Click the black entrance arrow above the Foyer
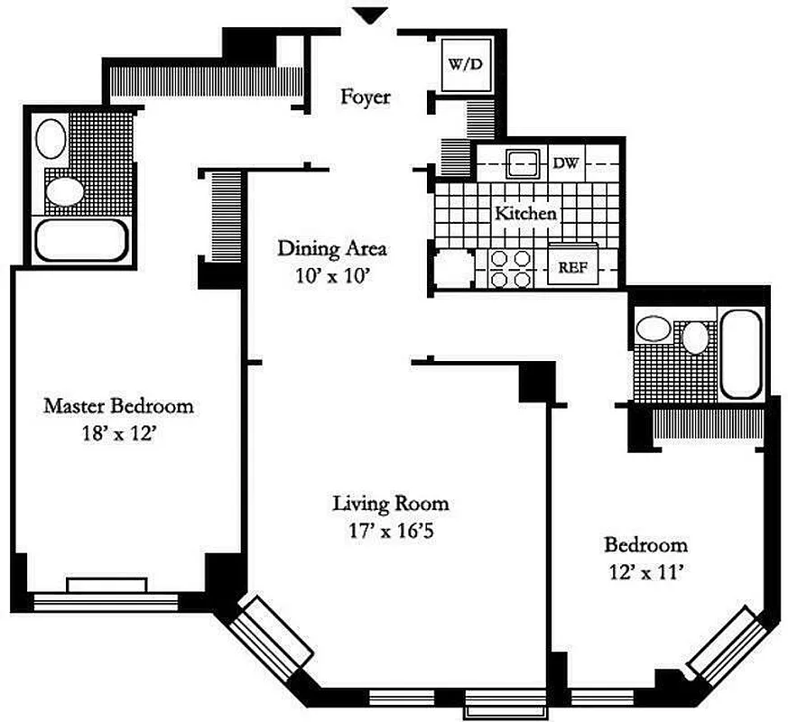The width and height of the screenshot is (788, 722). [369, 15]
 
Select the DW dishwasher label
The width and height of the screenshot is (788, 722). [565, 163]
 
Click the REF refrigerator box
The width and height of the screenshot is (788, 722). [573, 267]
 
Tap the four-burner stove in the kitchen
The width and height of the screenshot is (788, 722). [511, 268]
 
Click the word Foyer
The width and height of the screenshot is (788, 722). [365, 97]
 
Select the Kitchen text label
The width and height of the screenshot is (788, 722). [524, 214]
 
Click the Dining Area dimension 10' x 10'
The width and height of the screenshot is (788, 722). [331, 277]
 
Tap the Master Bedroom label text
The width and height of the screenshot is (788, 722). [118, 406]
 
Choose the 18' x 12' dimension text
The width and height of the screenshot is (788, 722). [118, 433]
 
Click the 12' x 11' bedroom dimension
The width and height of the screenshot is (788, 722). [645, 572]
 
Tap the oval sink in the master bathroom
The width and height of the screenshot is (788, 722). [51, 140]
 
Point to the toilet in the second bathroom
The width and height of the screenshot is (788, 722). [695, 338]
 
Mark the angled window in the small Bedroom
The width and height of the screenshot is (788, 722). [723, 643]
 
